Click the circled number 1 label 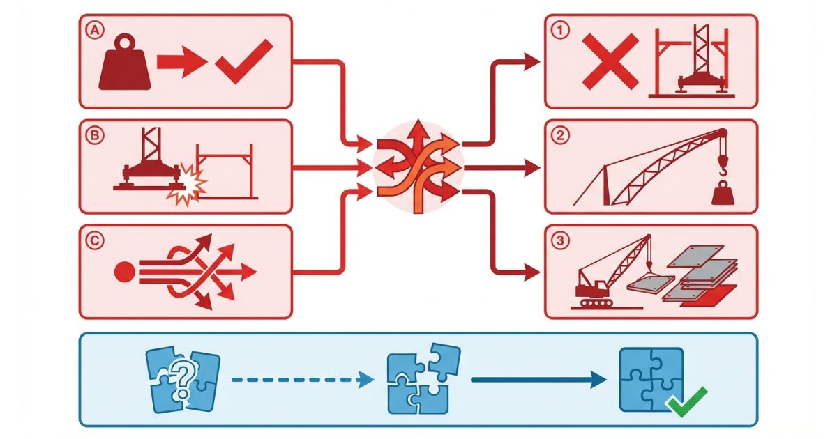coord(559,30)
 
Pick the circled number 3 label coord(559,240)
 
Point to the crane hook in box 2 coord(723,168)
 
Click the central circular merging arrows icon coord(417,167)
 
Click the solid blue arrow coord(538,380)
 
